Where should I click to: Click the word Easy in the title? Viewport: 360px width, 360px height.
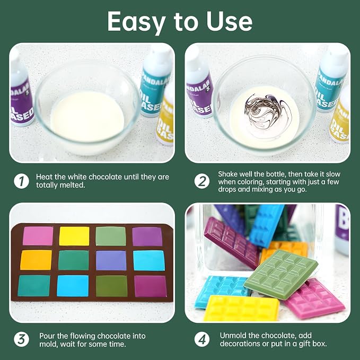click(x=136, y=22)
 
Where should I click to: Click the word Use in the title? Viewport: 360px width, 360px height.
click(x=229, y=21)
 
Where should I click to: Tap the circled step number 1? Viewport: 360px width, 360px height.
click(x=21, y=181)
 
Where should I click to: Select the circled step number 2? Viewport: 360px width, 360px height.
click(x=202, y=181)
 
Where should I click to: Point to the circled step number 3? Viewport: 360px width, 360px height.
click(x=21, y=339)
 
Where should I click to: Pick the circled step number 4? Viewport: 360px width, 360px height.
click(x=202, y=339)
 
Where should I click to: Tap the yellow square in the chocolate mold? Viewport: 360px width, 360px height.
click(x=74, y=236)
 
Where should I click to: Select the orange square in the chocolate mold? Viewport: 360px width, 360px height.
click(x=36, y=260)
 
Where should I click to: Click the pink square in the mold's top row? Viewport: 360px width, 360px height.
click(x=38, y=236)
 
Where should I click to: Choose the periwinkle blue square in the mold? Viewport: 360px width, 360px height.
click(x=111, y=260)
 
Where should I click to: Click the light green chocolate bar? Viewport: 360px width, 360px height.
click(x=281, y=274)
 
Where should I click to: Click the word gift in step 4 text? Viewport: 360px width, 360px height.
click(x=304, y=344)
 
